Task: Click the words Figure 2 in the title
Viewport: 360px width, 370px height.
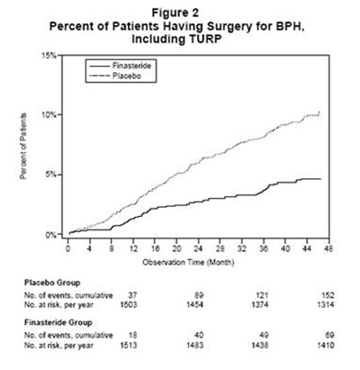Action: [x=175, y=13]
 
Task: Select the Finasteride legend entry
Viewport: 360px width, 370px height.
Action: [x=121, y=66]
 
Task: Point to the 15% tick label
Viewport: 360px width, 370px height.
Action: [x=49, y=56]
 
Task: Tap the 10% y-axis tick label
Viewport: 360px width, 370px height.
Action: [x=49, y=115]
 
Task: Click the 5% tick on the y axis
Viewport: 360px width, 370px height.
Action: [x=51, y=175]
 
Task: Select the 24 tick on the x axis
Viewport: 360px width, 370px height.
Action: [x=198, y=248]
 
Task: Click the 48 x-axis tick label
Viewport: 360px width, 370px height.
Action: [x=329, y=248]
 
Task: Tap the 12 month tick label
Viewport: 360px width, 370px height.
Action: [x=133, y=248]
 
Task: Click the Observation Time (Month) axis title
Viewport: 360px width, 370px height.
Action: [x=188, y=263]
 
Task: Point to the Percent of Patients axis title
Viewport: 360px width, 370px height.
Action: [x=23, y=146]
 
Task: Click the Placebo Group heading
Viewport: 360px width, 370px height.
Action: [x=52, y=283]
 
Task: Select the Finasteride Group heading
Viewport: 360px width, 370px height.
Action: [x=58, y=323]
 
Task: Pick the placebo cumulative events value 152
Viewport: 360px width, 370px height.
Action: [x=328, y=295]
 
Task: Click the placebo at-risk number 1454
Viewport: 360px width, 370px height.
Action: [x=194, y=305]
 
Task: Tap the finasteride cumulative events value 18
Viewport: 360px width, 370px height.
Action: [x=132, y=335]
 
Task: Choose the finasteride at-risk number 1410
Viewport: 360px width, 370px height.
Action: [x=326, y=346]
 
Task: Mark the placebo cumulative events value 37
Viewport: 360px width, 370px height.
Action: [x=132, y=295]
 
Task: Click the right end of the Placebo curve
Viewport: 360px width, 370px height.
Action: [x=319, y=112]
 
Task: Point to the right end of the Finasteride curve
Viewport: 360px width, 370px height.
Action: [x=321, y=179]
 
